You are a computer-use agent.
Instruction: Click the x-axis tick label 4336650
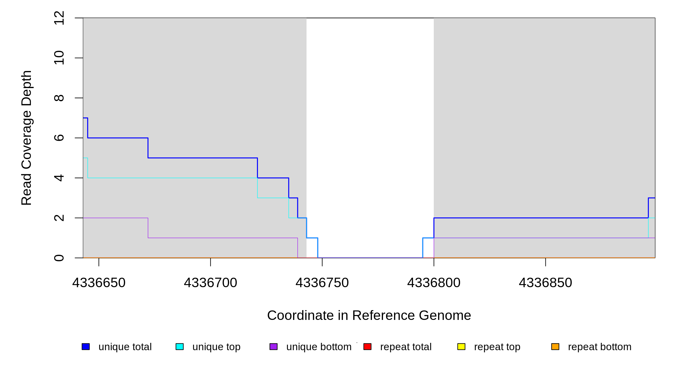point(99,283)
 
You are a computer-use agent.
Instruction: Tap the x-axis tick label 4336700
point(210,283)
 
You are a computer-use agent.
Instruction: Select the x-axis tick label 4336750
point(322,283)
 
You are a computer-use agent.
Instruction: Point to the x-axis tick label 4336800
point(434,283)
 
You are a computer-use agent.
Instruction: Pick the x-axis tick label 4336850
point(545,283)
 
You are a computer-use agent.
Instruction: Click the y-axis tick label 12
point(59,18)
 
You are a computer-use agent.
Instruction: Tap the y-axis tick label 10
point(59,58)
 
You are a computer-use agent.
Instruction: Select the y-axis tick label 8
point(59,98)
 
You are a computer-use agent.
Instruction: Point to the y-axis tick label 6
point(59,138)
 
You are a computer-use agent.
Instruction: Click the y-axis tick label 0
point(59,258)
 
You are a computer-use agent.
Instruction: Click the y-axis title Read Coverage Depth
point(27,138)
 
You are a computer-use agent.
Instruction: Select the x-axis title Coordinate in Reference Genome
point(369,315)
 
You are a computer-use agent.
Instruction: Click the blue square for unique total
point(86,347)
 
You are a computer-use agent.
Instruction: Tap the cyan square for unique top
point(180,347)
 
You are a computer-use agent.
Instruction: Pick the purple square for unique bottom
point(273,347)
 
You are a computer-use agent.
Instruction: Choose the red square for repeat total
point(367,347)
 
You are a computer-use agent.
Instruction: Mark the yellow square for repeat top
point(461,347)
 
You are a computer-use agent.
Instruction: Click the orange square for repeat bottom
point(555,347)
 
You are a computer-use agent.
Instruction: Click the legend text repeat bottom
point(600,347)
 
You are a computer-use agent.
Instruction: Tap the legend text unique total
point(125,347)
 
